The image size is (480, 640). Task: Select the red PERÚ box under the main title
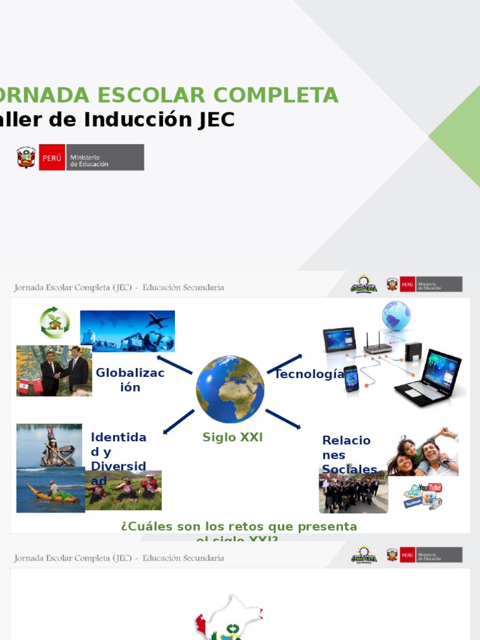51,157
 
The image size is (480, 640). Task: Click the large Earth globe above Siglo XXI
230,389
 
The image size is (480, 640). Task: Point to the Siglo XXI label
232,437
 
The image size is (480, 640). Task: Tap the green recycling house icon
55,322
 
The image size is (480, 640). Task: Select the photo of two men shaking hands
54,371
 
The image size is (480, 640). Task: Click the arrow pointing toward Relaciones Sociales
282,419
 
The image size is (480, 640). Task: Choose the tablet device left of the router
339,340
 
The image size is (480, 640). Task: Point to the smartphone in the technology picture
351,379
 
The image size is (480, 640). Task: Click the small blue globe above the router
396,315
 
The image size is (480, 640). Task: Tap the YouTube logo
429,487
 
